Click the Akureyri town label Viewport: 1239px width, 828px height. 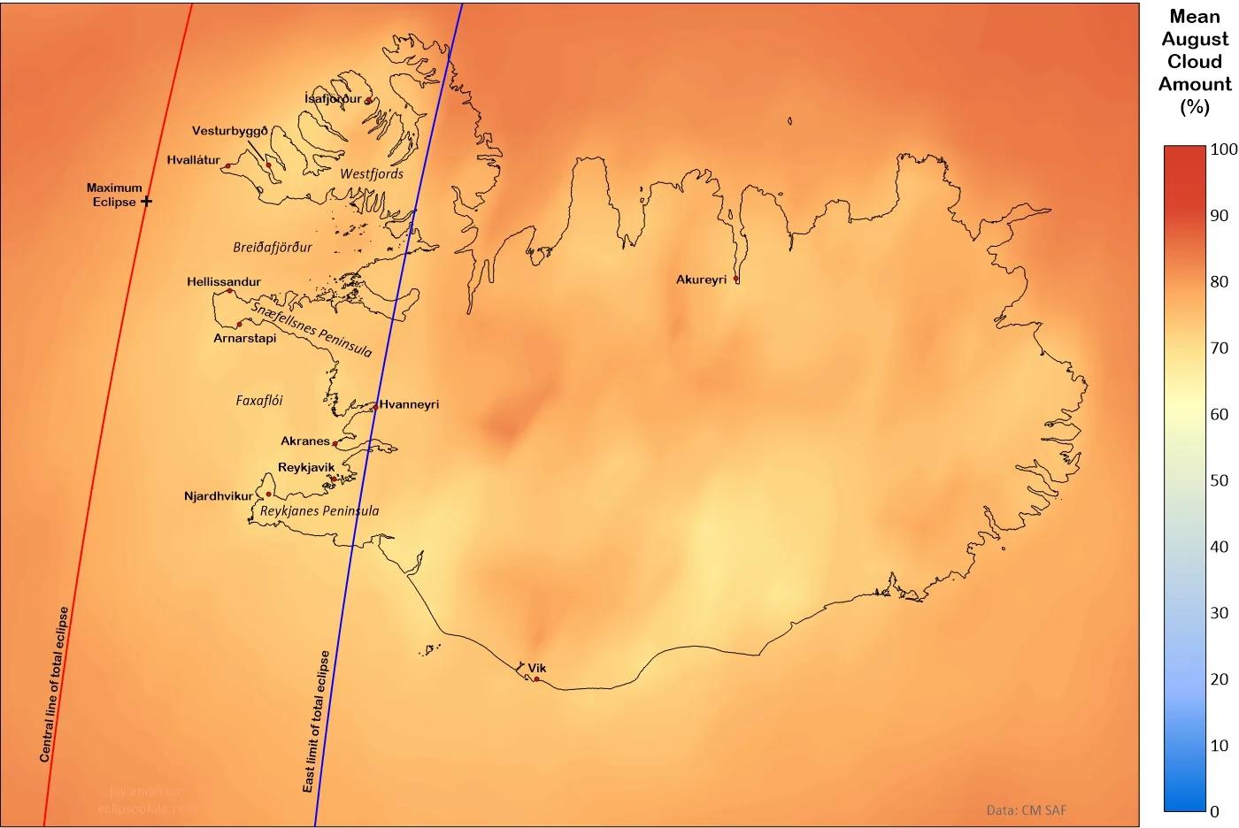click(x=701, y=280)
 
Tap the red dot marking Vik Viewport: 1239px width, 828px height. click(x=536, y=679)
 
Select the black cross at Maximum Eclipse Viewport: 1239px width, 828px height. click(x=147, y=202)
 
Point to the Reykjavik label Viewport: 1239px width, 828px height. click(x=306, y=467)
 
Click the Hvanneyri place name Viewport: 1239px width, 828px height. click(x=409, y=404)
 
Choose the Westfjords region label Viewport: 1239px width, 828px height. click(x=372, y=173)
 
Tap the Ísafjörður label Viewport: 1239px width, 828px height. click(x=333, y=98)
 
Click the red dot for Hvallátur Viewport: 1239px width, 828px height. click(x=227, y=165)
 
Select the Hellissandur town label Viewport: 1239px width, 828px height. click(x=224, y=282)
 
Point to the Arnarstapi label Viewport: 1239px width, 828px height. click(x=245, y=338)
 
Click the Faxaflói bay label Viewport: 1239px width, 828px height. click(x=259, y=400)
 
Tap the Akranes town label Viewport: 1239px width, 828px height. click(x=305, y=441)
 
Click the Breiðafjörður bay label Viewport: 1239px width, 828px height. click(x=273, y=248)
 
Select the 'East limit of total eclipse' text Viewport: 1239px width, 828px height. click(x=316, y=721)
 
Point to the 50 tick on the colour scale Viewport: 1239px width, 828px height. click(x=1220, y=480)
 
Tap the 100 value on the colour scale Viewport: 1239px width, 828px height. click(x=1223, y=149)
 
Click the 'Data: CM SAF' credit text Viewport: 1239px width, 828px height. click(x=1027, y=809)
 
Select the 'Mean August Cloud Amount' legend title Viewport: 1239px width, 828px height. click(x=1195, y=62)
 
